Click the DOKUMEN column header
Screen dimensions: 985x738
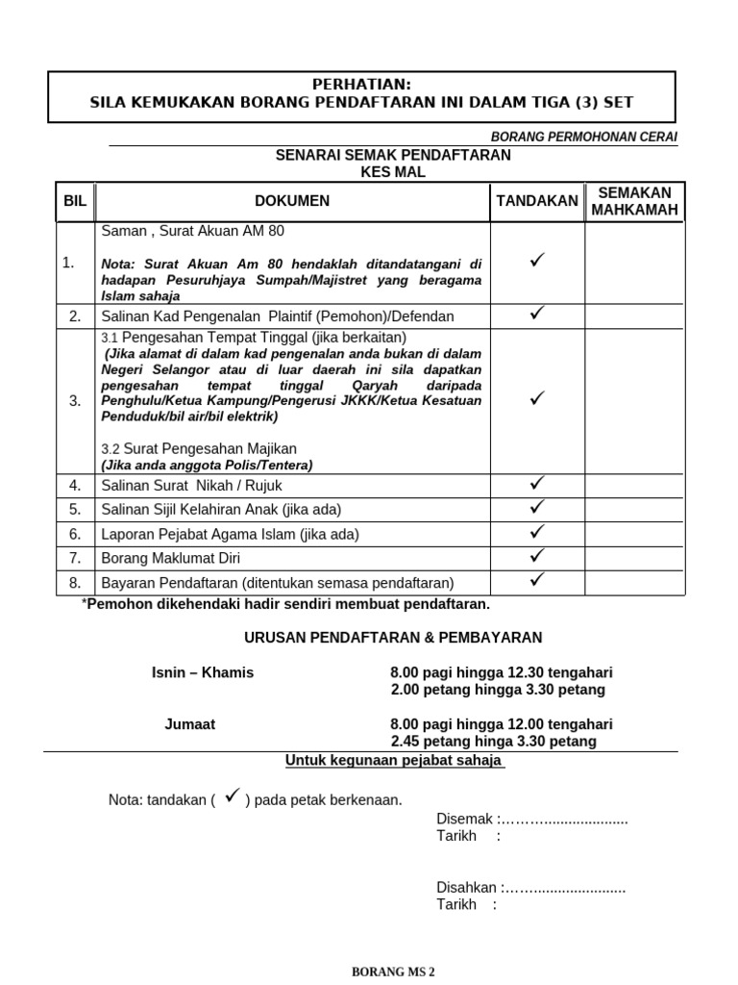[292, 201]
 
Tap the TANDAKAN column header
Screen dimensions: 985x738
[537, 201]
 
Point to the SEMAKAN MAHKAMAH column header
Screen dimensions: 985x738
[635, 202]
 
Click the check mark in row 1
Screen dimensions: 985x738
[537, 260]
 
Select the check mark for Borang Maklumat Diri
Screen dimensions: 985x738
[537, 555]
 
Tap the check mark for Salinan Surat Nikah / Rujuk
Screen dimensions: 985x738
[537, 482]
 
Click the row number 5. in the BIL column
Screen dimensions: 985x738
[75, 509]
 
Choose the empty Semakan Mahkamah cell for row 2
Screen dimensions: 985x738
[635, 316]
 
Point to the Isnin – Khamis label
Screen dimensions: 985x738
[203, 672]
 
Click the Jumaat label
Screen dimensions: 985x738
[190, 724]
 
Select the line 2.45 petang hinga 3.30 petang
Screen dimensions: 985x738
[493, 742]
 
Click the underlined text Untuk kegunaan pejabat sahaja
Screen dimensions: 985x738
[394, 761]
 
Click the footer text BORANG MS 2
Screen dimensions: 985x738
[393, 972]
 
